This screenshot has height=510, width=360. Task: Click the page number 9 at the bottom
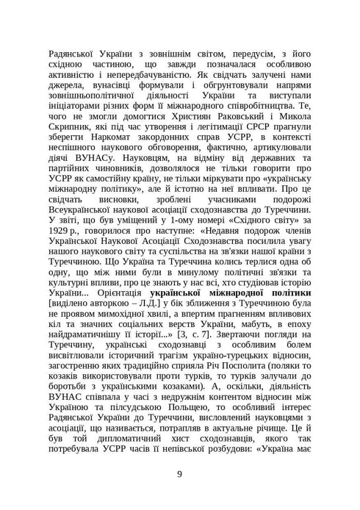pyautogui.click(x=180, y=473)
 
